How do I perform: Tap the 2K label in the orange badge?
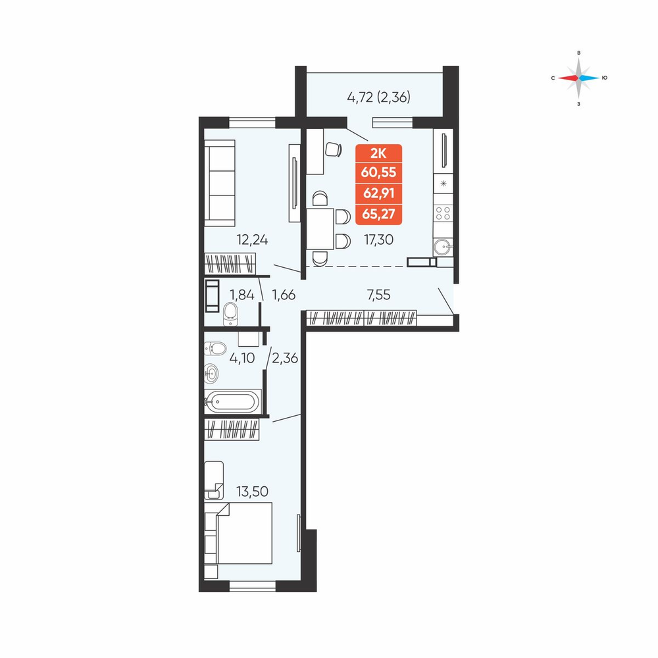point(378,153)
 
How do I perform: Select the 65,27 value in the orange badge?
point(378,214)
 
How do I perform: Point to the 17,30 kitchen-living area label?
point(378,240)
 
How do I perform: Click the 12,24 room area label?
point(252,240)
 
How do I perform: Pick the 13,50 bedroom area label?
point(252,491)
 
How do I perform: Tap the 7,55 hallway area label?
point(378,295)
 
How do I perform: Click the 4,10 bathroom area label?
point(242,358)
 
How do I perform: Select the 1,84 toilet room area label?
point(242,295)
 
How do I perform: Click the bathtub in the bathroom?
point(232,401)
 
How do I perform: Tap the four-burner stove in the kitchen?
point(443,213)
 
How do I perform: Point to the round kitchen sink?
point(443,247)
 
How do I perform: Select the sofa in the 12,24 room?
point(220,183)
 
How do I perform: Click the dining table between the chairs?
point(320,229)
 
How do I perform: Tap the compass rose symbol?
point(578,78)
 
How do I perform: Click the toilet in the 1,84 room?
point(230,313)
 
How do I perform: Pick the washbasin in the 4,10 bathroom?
point(211,372)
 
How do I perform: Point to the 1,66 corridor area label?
point(284,295)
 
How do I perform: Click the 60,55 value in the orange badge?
point(378,172)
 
